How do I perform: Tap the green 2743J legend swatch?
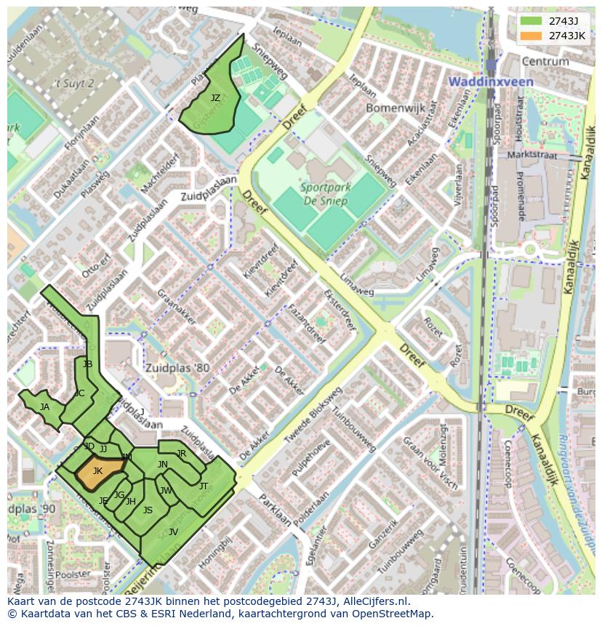(x=531, y=20)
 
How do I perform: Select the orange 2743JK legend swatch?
(x=531, y=36)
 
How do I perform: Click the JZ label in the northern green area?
(x=215, y=97)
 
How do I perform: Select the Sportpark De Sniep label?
(x=326, y=193)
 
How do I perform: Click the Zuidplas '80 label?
(x=176, y=368)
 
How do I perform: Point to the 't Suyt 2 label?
(x=76, y=84)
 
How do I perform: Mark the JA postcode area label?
(x=44, y=407)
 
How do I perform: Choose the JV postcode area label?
(x=173, y=531)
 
